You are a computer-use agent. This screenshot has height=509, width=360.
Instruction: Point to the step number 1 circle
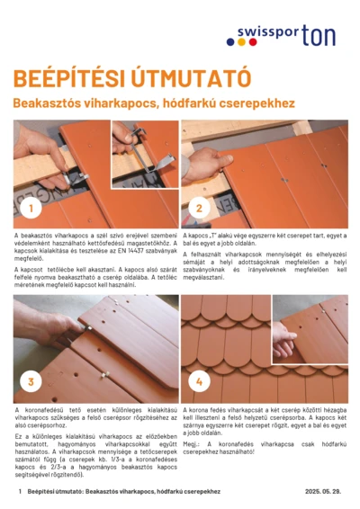point(31,209)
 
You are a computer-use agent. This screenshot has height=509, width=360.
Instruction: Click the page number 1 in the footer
point(18,493)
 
